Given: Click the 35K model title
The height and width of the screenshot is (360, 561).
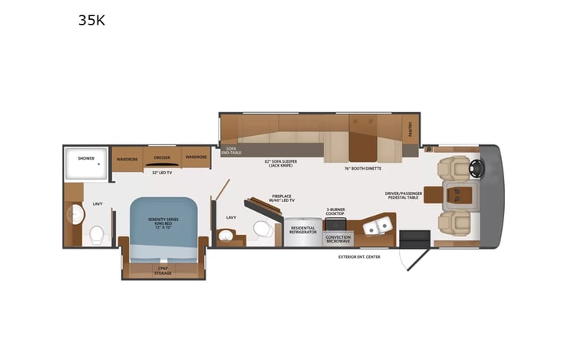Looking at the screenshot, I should [91, 21].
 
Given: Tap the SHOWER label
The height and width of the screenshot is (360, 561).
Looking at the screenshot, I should [86, 158].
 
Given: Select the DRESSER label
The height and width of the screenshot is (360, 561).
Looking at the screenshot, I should [162, 157].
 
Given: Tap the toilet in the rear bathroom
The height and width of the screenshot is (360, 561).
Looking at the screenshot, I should [97, 234].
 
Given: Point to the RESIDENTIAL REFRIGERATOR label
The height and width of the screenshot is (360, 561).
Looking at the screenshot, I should [302, 230].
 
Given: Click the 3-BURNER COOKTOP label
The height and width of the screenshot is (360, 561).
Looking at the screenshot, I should [336, 212].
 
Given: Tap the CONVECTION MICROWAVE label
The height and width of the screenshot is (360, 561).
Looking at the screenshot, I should [338, 238].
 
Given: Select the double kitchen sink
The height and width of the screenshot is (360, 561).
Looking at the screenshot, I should [378, 226].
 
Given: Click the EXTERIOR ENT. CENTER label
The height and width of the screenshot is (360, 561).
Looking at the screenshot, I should [358, 256].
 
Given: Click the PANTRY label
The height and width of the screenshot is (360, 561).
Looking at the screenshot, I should [411, 127].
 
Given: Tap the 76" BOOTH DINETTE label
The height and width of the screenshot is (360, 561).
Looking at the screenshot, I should [363, 168].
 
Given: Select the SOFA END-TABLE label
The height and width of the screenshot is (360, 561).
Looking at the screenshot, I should [230, 150].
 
